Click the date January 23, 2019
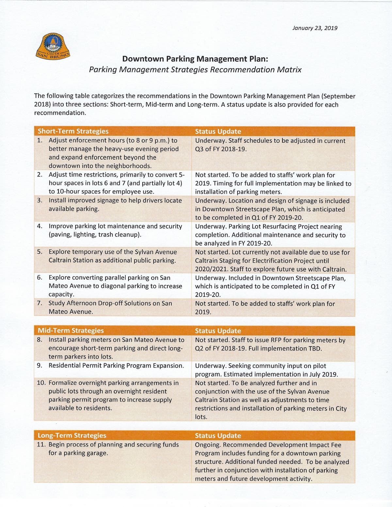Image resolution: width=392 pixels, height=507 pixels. click(x=315, y=28)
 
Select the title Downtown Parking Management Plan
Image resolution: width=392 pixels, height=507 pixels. click(x=195, y=59)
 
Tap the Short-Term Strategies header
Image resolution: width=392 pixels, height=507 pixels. click(x=73, y=131)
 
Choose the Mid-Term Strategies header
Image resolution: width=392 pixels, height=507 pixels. click(x=71, y=331)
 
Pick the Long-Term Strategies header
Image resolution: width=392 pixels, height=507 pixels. click(x=72, y=436)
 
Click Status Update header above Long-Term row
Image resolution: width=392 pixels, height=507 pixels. click(x=218, y=436)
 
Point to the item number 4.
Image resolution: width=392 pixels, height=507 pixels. click(x=40, y=226)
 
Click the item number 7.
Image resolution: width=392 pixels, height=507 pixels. click(x=40, y=303)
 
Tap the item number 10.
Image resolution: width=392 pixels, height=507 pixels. click(x=41, y=383)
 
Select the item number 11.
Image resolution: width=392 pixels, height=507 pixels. click(x=41, y=445)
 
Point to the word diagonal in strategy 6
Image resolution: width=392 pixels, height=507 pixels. click(x=136, y=286)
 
